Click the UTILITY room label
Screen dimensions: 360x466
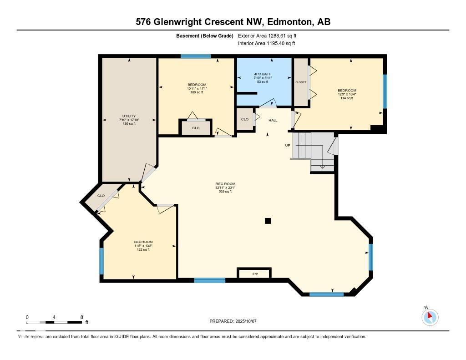tap(129, 116)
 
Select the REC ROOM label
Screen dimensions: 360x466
tap(225, 184)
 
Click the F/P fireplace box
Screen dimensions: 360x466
tap(254, 274)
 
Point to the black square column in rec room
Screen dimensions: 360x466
tap(268, 221)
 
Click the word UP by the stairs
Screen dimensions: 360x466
tap(288, 145)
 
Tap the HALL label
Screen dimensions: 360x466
tap(273, 120)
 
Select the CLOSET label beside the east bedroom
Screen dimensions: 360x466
tap(301, 82)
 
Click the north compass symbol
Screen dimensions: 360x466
tap(430, 317)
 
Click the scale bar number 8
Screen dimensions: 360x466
tap(81, 317)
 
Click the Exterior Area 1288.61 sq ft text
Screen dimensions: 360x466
tap(267, 35)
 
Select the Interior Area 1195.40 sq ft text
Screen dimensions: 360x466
tap(266, 43)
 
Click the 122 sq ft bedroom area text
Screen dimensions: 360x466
tap(143, 249)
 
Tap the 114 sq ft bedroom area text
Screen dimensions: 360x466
tap(347, 98)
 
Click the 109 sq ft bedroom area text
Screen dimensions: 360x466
tap(197, 92)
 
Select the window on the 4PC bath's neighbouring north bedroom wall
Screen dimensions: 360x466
tap(196, 56)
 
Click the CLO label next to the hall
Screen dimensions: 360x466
tap(245, 119)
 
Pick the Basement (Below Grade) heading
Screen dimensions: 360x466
tap(204, 35)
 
